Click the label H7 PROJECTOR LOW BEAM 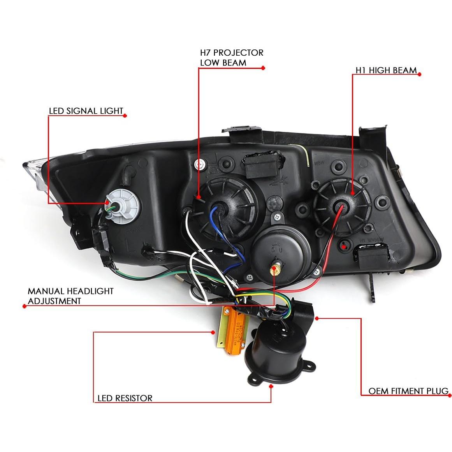click(231, 57)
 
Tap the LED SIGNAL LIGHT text click(86, 111)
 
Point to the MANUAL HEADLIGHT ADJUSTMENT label click(70, 296)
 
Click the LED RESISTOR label click(125, 398)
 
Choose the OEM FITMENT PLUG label click(408, 390)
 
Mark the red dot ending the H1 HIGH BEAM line click(419, 73)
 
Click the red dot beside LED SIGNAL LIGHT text click(125, 115)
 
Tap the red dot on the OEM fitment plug click(317, 318)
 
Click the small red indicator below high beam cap click(344, 245)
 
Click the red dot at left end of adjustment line click(24, 306)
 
